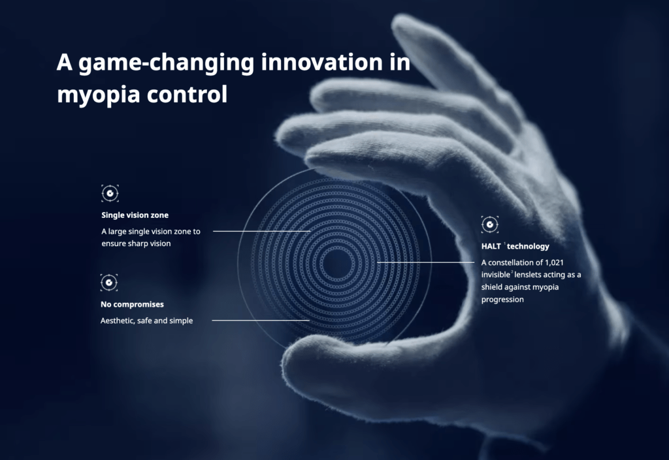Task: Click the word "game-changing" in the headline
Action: (x=167, y=63)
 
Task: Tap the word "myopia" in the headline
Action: (x=99, y=95)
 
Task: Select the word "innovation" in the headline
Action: (x=321, y=62)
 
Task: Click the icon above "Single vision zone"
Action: (x=110, y=193)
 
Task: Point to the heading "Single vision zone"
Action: (x=135, y=215)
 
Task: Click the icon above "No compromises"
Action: (x=109, y=283)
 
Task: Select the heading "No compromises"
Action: (x=132, y=305)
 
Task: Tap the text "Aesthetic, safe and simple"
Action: (x=147, y=321)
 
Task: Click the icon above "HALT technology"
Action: (x=490, y=224)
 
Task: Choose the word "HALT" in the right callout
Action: (x=491, y=246)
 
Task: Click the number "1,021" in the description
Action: (x=554, y=263)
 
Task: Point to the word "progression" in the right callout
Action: (x=502, y=300)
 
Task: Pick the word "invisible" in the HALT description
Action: (x=496, y=275)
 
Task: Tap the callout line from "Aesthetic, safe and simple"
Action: (x=261, y=320)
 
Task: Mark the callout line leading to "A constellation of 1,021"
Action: (x=426, y=262)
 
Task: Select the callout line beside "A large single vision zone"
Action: (x=261, y=231)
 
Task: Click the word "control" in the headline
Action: (x=187, y=94)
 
